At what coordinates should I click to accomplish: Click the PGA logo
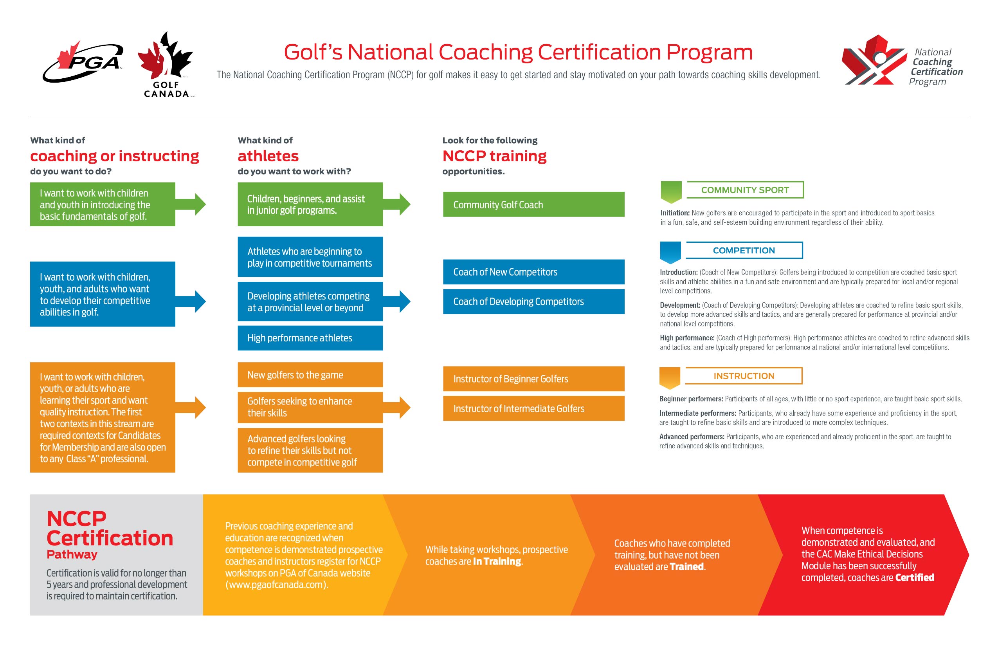click(83, 62)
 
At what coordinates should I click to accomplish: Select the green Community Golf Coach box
click(533, 204)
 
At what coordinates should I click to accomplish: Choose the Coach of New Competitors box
click(533, 272)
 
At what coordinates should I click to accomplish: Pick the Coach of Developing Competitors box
click(533, 301)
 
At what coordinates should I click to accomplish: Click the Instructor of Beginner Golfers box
click(533, 379)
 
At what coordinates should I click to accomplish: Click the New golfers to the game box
click(310, 375)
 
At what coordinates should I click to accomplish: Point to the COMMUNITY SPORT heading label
click(745, 190)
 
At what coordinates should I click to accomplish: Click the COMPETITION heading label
click(744, 251)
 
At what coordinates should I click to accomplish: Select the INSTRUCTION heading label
click(744, 376)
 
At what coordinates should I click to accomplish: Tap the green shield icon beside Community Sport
click(671, 192)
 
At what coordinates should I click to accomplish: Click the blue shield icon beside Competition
click(670, 252)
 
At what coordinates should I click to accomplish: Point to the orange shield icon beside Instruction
click(670, 377)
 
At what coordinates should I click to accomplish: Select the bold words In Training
click(497, 561)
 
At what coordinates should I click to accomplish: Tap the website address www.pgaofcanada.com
click(276, 585)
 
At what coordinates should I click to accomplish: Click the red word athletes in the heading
click(268, 156)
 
